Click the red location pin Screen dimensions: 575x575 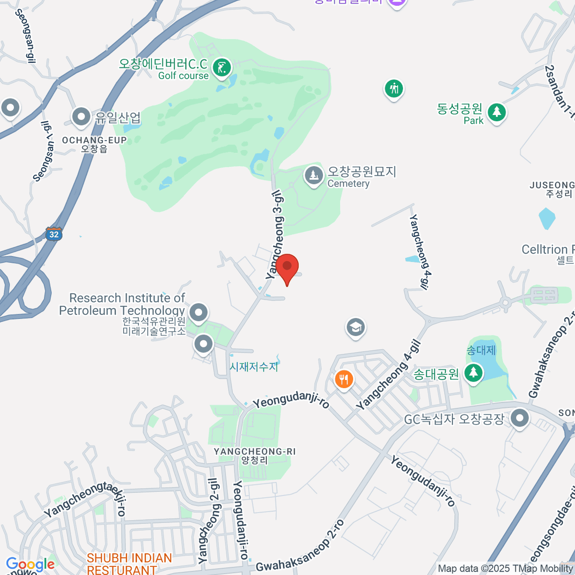click(287, 267)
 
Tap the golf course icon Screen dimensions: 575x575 click(221, 68)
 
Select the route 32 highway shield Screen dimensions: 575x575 click(54, 234)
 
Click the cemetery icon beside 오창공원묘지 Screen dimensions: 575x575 click(314, 176)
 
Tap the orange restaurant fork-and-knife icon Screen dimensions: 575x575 click(344, 380)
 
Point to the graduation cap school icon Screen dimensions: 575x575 click(355, 328)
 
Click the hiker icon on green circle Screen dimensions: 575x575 click(394, 89)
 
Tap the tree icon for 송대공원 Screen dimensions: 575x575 click(473, 372)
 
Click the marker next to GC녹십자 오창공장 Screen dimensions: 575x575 click(519, 418)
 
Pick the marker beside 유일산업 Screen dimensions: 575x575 click(81, 116)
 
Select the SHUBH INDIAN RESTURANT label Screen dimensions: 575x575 click(129, 564)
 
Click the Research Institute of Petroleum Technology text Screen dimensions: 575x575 click(122, 304)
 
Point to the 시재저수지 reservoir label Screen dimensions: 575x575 click(254, 367)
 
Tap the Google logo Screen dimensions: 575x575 click(30, 564)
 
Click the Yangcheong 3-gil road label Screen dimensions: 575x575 click(275, 234)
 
